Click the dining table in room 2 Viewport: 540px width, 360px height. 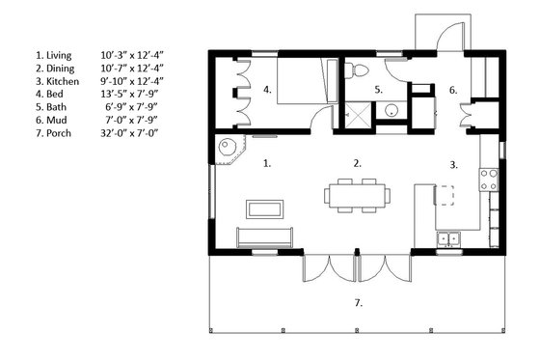point(358,193)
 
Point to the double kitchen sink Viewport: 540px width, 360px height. point(448,237)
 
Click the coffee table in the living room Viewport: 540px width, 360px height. point(263,208)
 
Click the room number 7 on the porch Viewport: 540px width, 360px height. point(358,303)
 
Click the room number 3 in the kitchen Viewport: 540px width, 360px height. point(453,165)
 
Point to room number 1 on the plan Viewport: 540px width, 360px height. point(267,163)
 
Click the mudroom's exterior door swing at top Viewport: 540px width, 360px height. point(442,34)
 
